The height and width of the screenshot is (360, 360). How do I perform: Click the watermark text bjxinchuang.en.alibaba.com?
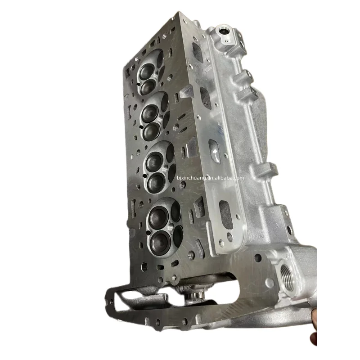pos(210,178)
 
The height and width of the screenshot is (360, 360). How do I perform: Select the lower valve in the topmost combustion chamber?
pos(147,86)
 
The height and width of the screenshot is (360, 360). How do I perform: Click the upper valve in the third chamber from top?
pos(153,162)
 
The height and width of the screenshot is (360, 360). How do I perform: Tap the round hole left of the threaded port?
pos(257,258)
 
